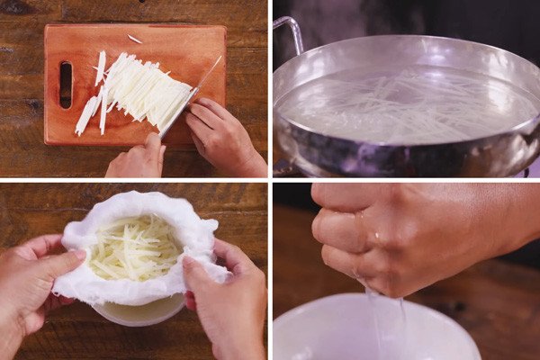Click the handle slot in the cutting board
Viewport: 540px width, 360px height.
(66, 85)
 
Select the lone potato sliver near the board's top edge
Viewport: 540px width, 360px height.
(134, 39)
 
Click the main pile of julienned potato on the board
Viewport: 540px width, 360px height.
(148, 90)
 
